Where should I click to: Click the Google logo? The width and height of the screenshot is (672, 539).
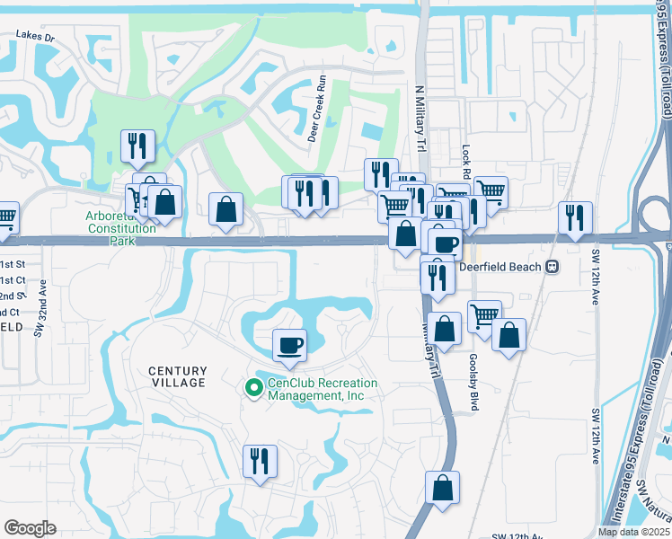click(x=30, y=528)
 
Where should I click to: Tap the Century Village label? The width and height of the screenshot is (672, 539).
click(x=177, y=376)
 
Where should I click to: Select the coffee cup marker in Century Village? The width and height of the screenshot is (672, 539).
click(x=289, y=345)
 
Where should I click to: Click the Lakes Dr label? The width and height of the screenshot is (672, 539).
click(x=35, y=38)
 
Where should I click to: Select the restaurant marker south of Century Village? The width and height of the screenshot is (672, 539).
click(x=260, y=461)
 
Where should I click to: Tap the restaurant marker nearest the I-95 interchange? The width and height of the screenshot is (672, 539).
click(x=574, y=217)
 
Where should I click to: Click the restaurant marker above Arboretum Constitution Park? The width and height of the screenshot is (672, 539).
click(x=137, y=146)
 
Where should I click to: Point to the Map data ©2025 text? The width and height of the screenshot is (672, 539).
click(x=634, y=532)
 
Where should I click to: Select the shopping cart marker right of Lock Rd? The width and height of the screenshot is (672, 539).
click(x=491, y=191)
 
